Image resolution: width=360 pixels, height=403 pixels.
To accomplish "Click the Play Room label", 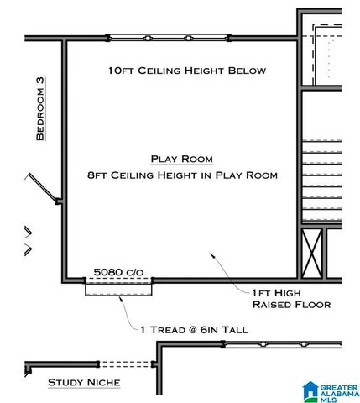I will coord(181,159).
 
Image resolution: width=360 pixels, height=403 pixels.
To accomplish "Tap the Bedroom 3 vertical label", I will coord(39,111).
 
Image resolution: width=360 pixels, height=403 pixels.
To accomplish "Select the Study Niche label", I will coord(84,383).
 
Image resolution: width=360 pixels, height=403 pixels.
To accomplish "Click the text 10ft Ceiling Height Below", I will coord(186,71).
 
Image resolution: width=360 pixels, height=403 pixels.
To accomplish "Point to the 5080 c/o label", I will coord(118,272).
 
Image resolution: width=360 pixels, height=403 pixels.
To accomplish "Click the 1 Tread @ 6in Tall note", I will coord(194,330).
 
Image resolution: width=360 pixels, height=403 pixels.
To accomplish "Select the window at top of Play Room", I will coord(166,38).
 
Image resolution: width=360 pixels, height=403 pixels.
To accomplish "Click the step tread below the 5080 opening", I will coord(118,288).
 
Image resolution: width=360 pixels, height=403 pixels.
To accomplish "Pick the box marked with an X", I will coord(312,253).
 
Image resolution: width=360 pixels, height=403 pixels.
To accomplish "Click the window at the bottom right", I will coord(285,345).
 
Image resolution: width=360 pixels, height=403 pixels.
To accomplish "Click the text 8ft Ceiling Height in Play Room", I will coord(181,175).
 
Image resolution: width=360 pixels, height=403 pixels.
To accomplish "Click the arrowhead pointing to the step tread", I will coord(127,299).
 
